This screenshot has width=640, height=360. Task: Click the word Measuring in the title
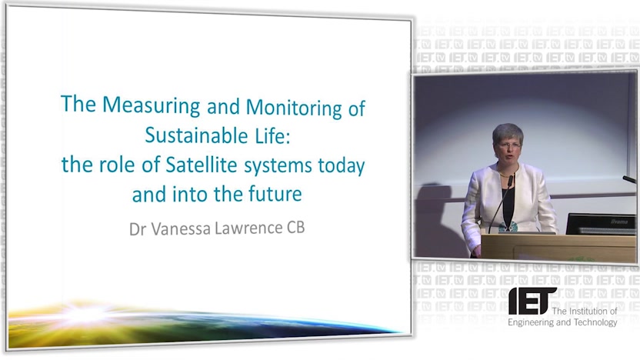click(151, 105)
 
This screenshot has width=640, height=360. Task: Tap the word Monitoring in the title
click(294, 108)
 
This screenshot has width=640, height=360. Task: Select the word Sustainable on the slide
click(196, 135)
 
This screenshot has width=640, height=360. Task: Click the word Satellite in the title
click(202, 165)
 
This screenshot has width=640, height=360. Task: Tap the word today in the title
click(342, 166)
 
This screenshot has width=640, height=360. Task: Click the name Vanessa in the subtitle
click(181, 228)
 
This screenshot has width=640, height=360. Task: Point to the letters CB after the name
click(296, 228)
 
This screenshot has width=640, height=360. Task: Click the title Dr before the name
click(138, 229)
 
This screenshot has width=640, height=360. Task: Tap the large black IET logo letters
click(531, 301)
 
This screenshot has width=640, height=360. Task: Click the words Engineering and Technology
click(562, 322)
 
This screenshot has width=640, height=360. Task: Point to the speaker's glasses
click(509, 145)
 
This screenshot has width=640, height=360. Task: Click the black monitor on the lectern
click(601, 224)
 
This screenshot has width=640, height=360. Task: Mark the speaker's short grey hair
click(508, 132)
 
